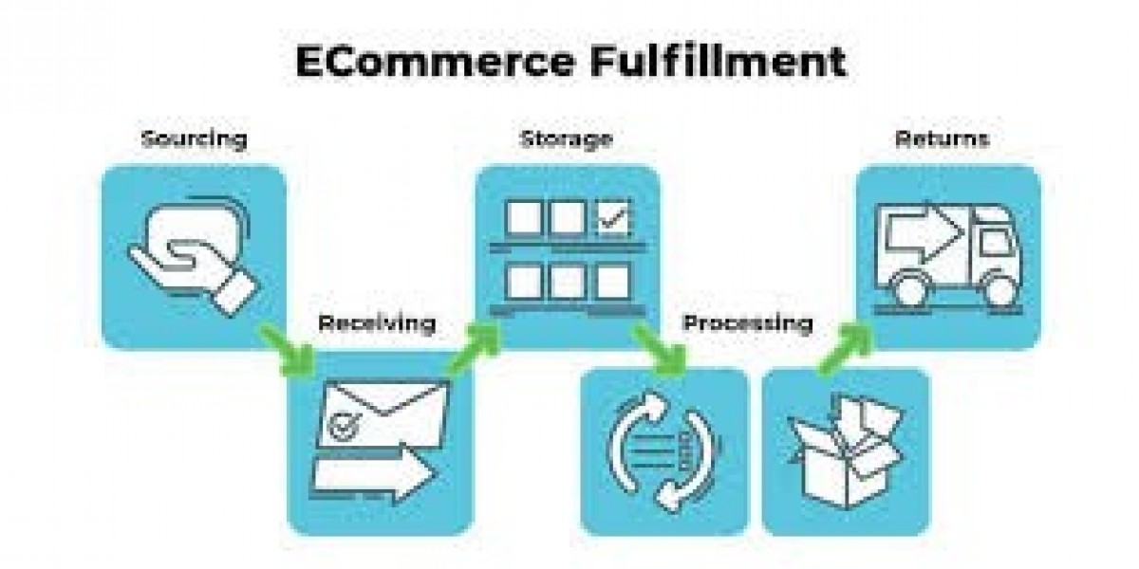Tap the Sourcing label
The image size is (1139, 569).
pyautogui.click(x=194, y=139)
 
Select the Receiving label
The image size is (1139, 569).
pyautogui.click(x=377, y=323)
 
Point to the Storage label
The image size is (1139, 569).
pyautogui.click(x=566, y=139)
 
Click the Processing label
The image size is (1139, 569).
pyautogui.click(x=748, y=323)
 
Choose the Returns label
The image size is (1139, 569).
pyautogui.click(x=942, y=139)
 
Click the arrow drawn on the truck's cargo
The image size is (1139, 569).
pyautogui.click(x=917, y=233)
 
